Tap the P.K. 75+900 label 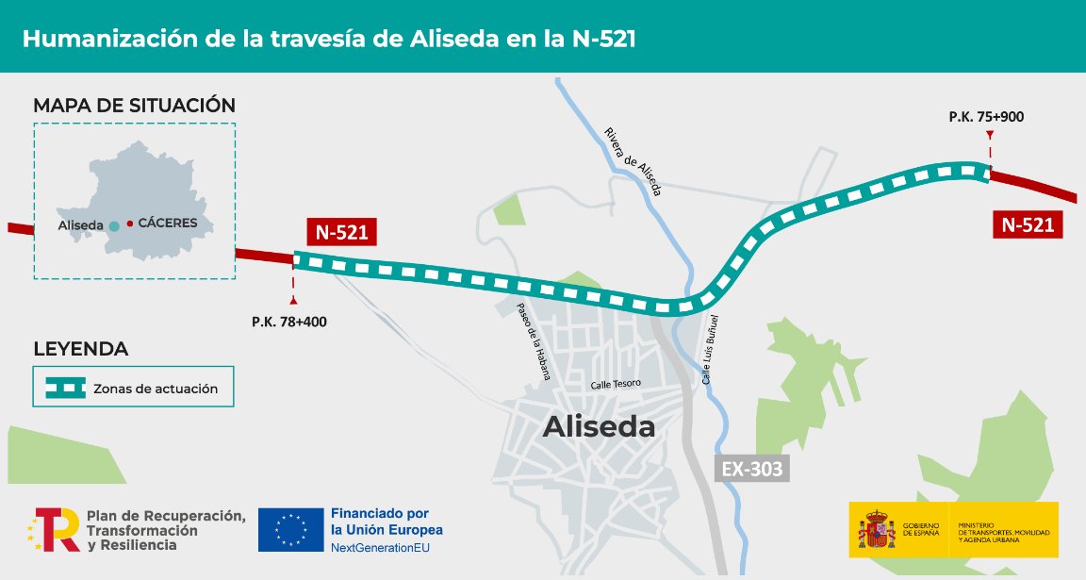(986, 118)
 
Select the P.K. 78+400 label (289, 322)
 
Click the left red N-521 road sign (341, 232)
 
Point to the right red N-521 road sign (1028, 224)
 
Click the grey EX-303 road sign (751, 469)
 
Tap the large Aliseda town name (599, 427)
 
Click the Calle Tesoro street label (616, 383)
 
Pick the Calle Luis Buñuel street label (713, 349)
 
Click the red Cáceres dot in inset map (129, 224)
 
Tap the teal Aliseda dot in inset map (113, 225)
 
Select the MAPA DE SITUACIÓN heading (134, 105)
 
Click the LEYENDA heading (80, 349)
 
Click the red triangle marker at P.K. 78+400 (293, 301)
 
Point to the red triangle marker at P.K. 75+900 (989, 137)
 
